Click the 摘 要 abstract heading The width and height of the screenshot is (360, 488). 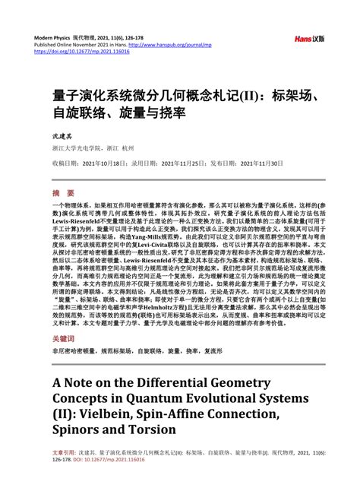63,193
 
